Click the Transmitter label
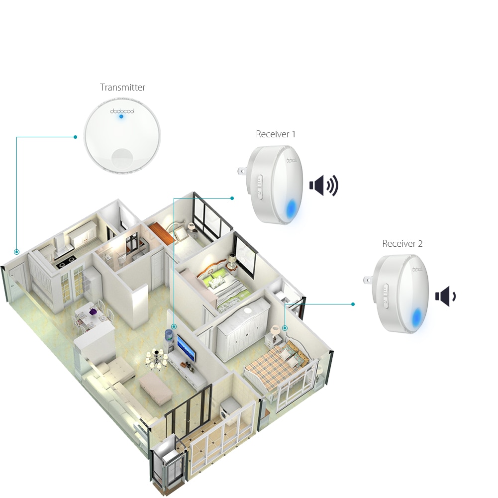[122, 88]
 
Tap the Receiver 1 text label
[276, 134]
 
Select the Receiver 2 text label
[402, 244]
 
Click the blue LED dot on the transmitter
[121, 116]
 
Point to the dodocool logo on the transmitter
[121, 110]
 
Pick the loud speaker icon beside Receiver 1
[323, 186]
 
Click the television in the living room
[186, 348]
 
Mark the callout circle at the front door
[17, 252]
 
